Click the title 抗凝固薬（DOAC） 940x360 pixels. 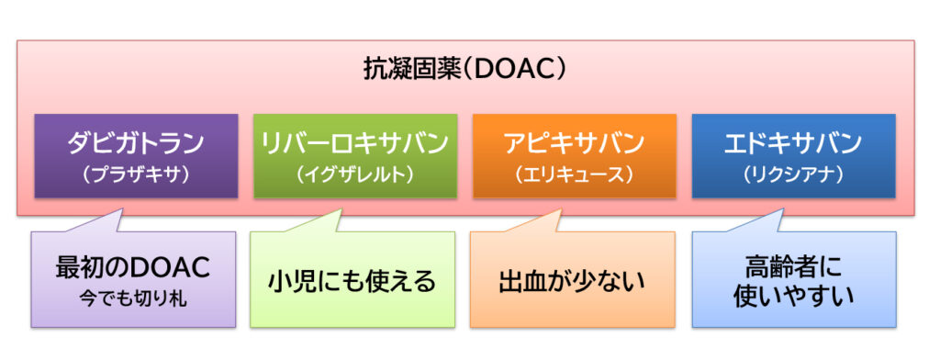(465, 71)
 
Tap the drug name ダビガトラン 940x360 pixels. (136, 143)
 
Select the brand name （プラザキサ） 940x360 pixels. (136, 174)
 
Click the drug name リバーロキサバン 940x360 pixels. (355, 143)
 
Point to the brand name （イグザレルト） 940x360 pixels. (355, 174)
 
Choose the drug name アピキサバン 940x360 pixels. (575, 143)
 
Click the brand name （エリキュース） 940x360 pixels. (575, 174)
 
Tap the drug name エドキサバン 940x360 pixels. (793, 143)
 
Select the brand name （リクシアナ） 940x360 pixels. (793, 174)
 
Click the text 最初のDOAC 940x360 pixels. (133, 268)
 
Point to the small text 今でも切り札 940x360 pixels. (133, 298)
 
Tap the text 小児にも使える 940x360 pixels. (352, 281)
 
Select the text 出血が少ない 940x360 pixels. (572, 281)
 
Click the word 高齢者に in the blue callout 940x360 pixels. (794, 265)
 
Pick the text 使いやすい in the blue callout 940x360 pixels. (794, 297)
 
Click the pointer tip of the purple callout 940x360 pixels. (124, 208)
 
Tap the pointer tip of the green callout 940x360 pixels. (342, 208)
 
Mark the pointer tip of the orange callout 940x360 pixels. (562, 208)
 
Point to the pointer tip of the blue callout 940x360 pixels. (784, 208)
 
